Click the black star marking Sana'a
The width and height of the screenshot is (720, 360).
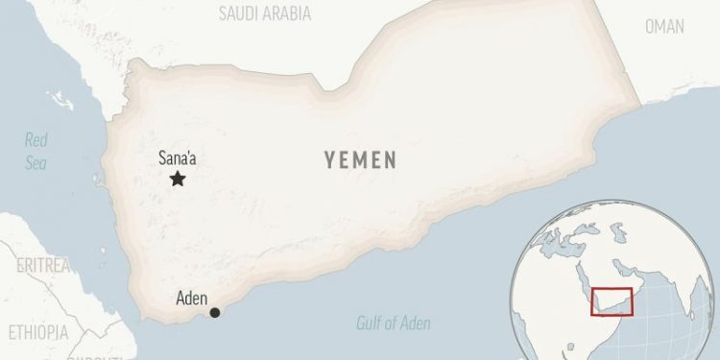178,179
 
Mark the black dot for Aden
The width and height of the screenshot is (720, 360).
215,312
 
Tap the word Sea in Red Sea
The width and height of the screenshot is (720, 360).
36,163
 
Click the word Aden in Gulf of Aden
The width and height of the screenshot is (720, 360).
421,323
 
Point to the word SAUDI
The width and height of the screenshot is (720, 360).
241,12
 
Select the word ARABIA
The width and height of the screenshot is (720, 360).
292,12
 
